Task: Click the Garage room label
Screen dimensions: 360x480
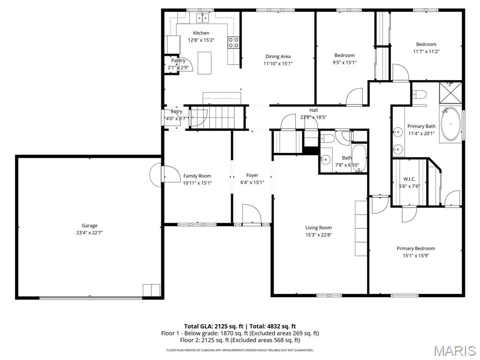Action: click(x=89, y=225)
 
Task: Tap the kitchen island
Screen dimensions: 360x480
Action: click(x=204, y=63)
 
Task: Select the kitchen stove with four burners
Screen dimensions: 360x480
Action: click(x=233, y=43)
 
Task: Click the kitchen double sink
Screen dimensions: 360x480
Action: click(x=202, y=18)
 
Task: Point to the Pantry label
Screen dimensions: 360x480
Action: click(x=178, y=60)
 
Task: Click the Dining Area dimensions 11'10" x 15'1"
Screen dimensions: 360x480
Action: click(x=278, y=63)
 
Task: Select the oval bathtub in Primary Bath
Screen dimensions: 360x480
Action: click(x=450, y=125)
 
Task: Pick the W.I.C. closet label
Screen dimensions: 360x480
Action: click(x=409, y=179)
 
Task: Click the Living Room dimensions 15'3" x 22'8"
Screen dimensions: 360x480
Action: click(x=318, y=235)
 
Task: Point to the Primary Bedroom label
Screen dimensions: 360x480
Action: click(x=415, y=248)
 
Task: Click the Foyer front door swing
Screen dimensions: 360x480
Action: click(x=251, y=215)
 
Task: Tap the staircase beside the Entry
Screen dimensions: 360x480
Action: click(x=218, y=117)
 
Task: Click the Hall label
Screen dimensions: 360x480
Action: click(x=313, y=110)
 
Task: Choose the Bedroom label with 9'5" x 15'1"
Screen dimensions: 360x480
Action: click(x=344, y=55)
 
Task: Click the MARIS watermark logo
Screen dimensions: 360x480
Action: click(x=454, y=351)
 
